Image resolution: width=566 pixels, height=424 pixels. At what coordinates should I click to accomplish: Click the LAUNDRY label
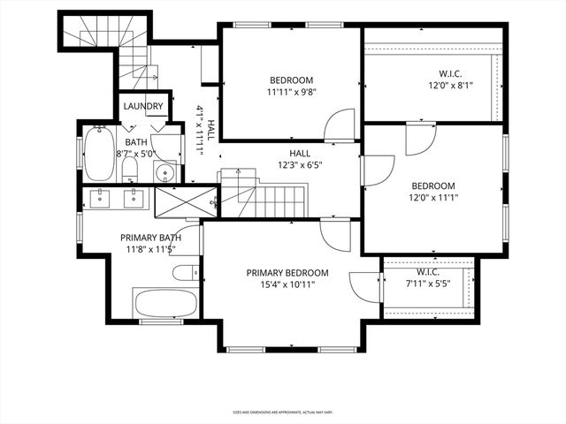tap(143, 107)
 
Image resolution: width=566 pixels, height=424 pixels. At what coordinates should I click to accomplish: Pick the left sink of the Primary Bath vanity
tap(98, 197)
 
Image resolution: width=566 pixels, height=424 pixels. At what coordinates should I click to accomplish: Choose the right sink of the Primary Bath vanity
tap(134, 197)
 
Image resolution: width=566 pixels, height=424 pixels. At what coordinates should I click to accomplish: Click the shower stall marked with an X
tap(183, 201)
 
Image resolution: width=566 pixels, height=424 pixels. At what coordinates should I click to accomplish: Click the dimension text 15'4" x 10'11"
tap(287, 284)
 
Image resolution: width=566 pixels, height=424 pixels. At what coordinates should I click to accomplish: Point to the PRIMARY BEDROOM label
tap(287, 273)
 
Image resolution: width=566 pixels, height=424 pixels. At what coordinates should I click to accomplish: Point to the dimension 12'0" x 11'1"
tap(433, 197)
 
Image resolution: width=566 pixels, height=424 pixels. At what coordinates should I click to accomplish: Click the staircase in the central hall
tap(265, 200)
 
